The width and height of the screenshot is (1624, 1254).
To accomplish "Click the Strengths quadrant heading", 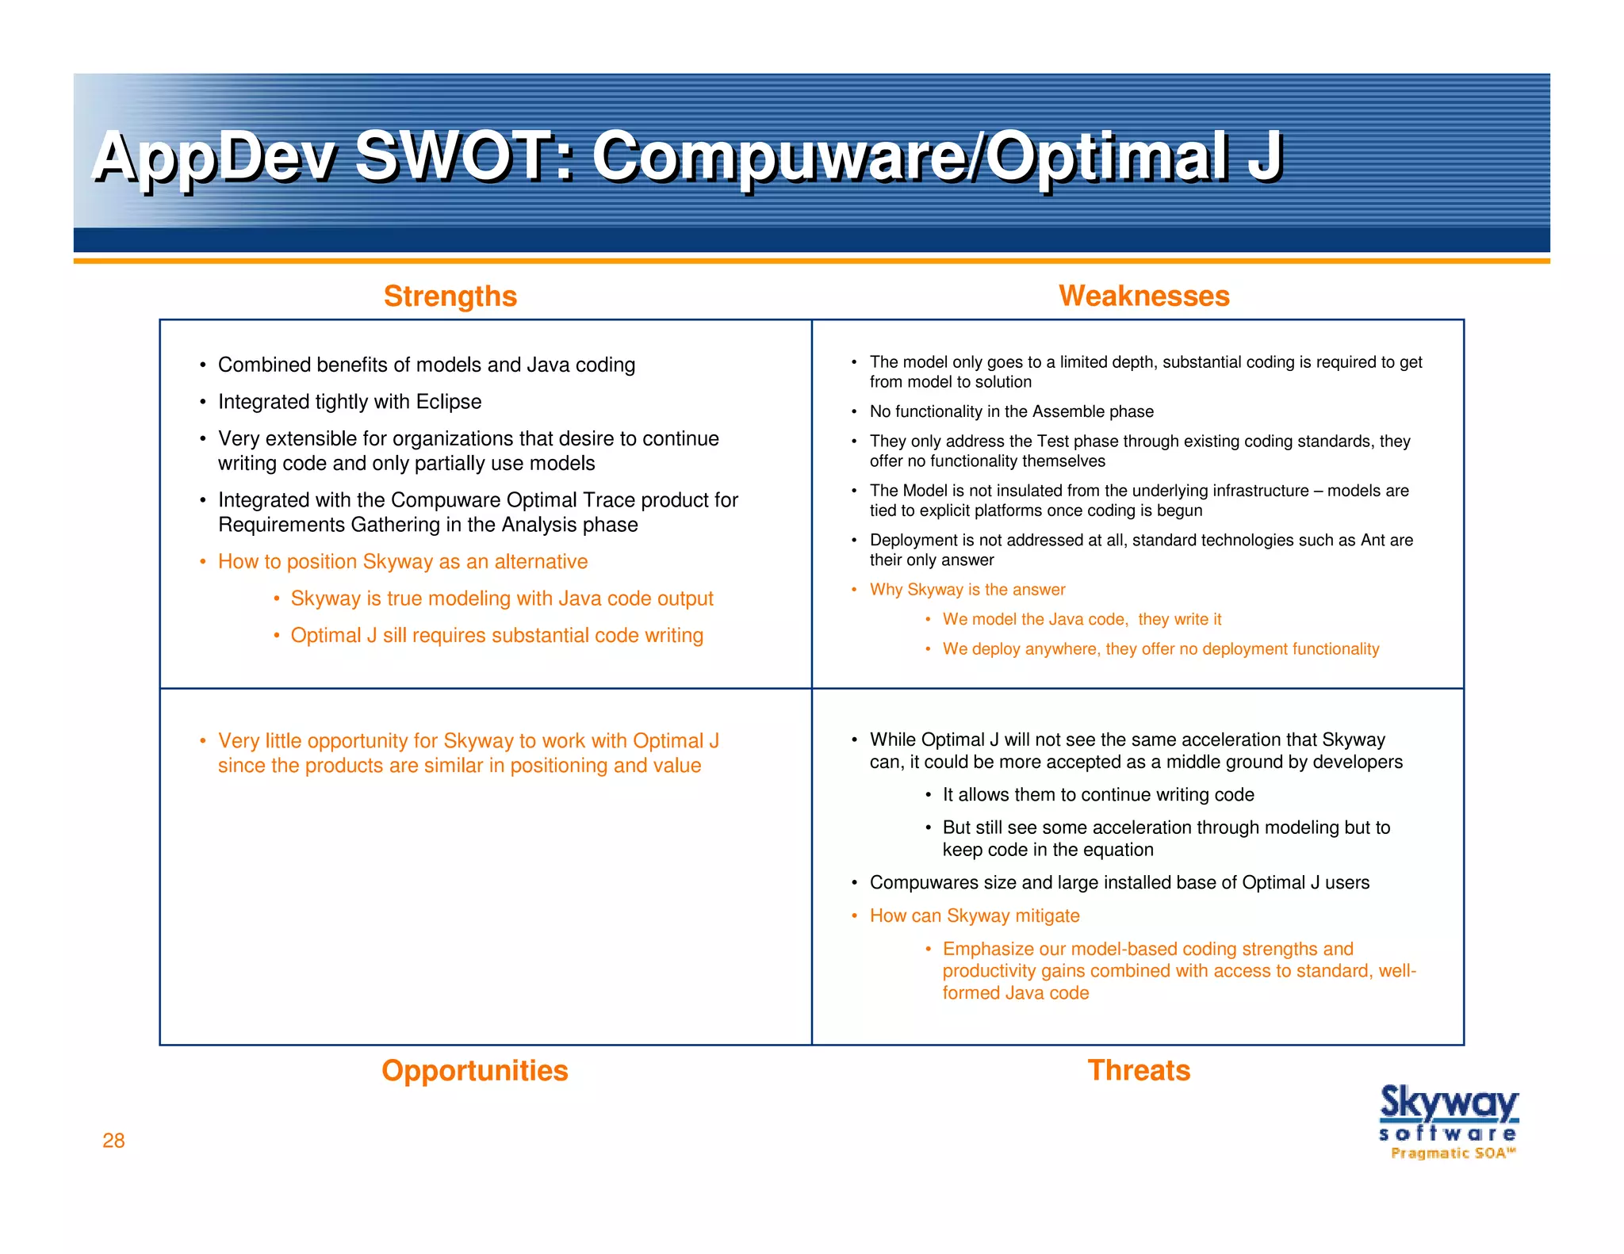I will (x=450, y=296).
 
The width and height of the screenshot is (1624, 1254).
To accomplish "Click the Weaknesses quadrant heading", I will (x=1143, y=296).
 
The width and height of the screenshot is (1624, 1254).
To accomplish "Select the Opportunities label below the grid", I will (x=474, y=1071).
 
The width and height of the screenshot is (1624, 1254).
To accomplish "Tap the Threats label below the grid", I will (x=1138, y=1071).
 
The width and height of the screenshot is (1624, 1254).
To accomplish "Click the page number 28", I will (x=113, y=1141).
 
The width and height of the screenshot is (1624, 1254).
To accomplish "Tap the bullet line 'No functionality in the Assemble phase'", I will (x=1011, y=411).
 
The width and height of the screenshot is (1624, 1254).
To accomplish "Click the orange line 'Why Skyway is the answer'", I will (x=967, y=590).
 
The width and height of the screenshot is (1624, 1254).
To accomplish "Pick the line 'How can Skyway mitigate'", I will (x=974, y=916).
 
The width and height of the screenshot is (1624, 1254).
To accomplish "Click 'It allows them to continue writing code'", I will (x=1097, y=795).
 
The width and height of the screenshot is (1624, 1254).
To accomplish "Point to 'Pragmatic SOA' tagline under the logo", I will (x=1452, y=1153).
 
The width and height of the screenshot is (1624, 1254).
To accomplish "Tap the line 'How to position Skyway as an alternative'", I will (x=402, y=562).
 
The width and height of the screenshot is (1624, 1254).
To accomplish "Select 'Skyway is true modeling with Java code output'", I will (x=501, y=598).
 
